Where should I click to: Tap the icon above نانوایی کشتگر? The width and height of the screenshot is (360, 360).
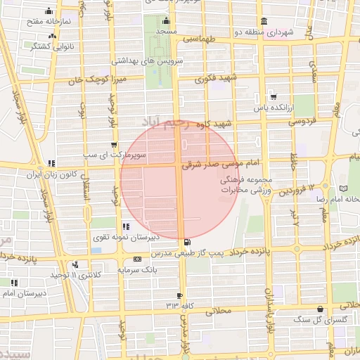coord(51,36)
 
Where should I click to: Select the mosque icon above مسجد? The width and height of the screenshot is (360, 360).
coord(166,21)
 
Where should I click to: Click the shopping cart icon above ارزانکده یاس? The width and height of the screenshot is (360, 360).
coord(273,97)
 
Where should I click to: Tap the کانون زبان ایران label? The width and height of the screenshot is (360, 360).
coord(51,174)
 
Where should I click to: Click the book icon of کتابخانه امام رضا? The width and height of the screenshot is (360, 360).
coord(343,188)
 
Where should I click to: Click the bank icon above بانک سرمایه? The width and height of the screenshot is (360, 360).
coord(127,259)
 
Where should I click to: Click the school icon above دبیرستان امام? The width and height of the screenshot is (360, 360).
coord(14,283)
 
